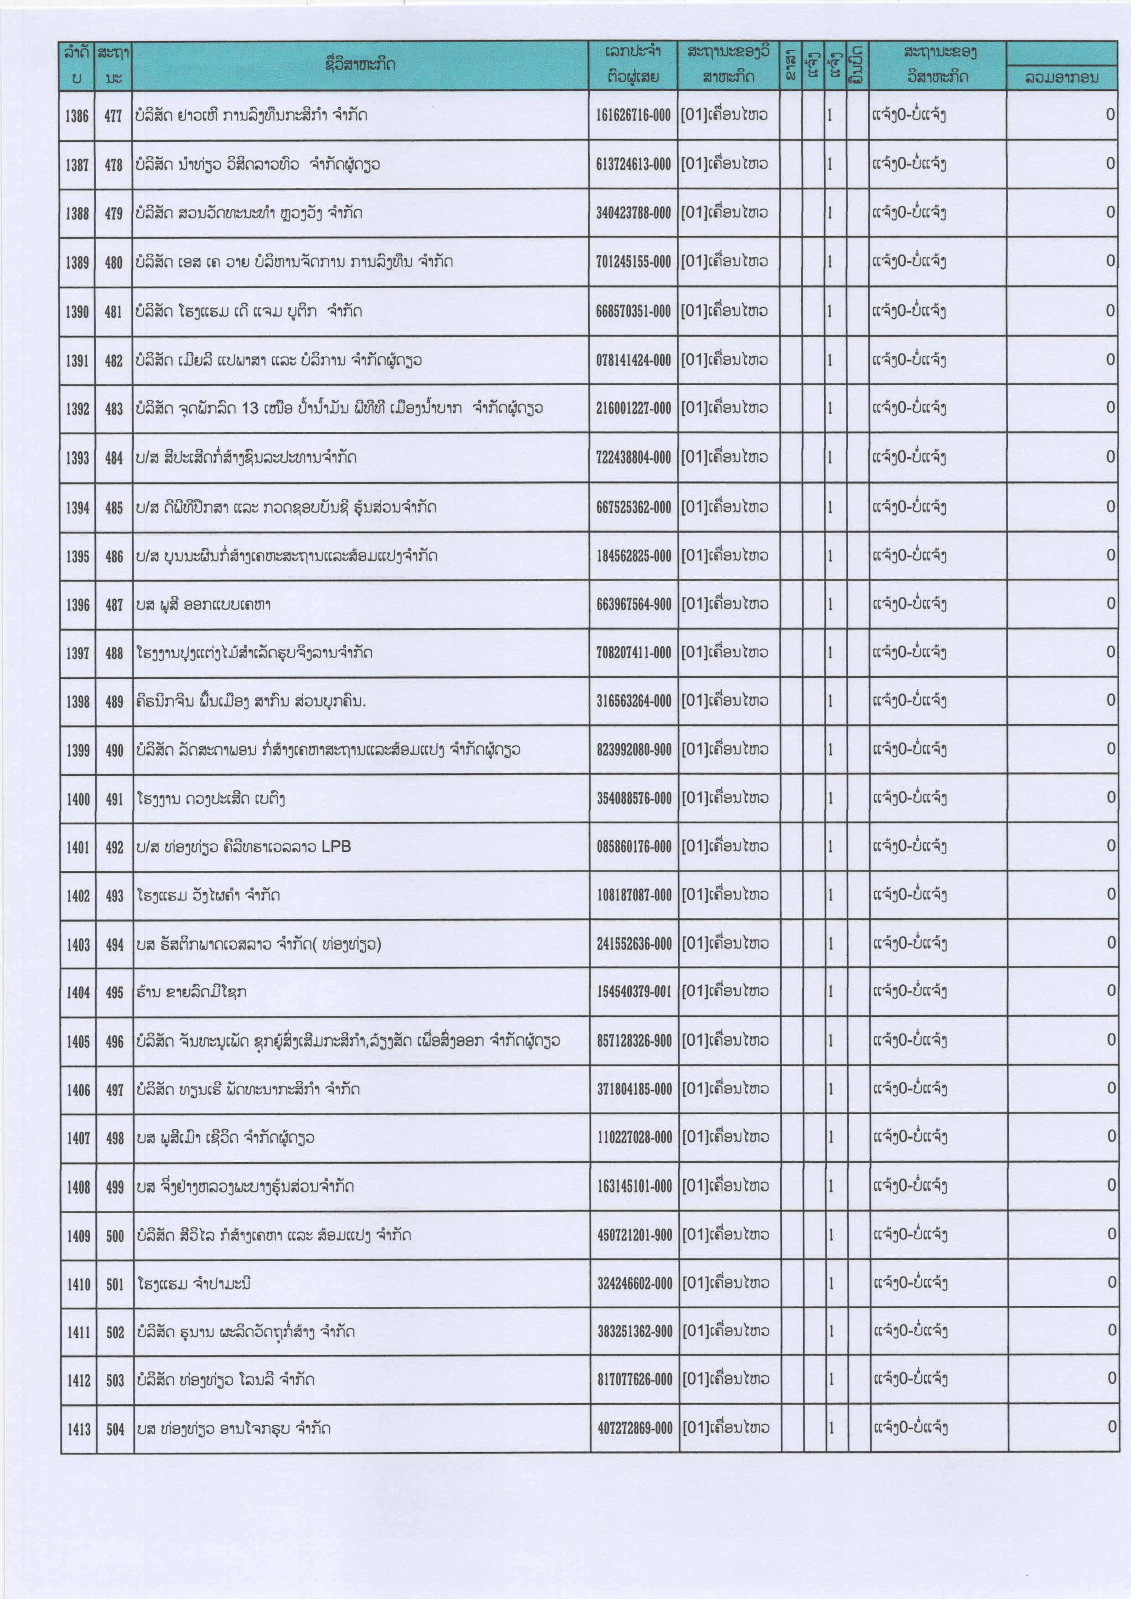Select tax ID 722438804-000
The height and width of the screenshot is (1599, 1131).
coord(633,458)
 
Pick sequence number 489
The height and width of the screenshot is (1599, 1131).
coord(114,701)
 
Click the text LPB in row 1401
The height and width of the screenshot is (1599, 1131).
coord(337,847)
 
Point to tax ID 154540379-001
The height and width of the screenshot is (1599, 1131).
coord(634,992)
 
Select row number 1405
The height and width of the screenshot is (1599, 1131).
coord(78,1042)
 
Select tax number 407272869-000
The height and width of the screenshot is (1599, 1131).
coord(634,1429)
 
